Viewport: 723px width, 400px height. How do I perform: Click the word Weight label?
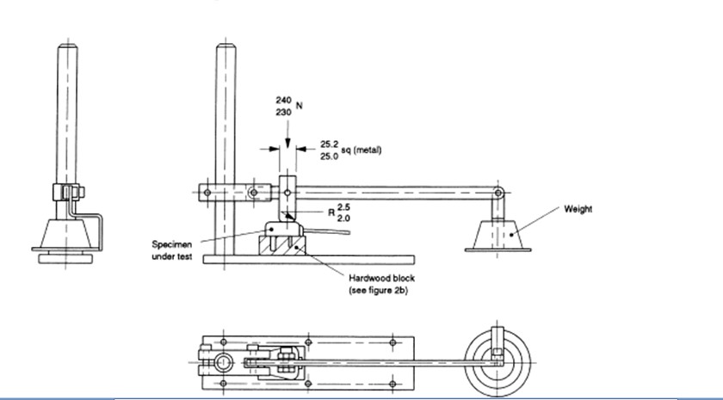point(578,209)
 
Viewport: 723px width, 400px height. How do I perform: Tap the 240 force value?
point(283,100)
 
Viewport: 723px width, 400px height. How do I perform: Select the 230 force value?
point(283,113)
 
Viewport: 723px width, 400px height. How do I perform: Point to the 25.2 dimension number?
point(329,144)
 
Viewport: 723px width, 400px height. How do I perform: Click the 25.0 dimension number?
point(329,156)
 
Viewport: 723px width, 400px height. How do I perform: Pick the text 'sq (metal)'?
point(361,151)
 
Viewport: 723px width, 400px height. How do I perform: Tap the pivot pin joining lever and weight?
point(497,194)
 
